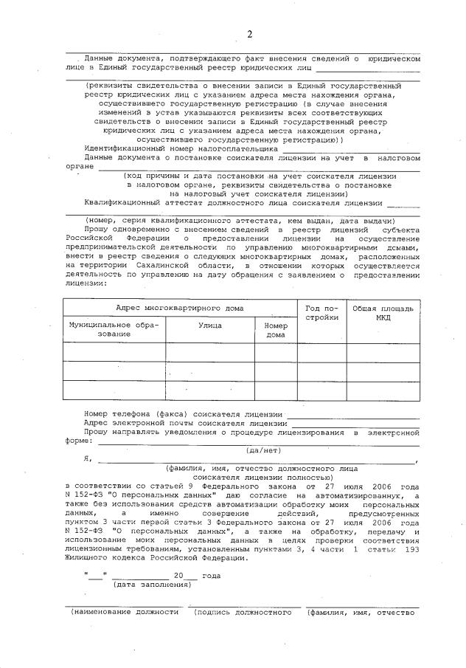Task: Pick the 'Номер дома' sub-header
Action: pos(275,328)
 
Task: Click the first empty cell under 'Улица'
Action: pos(210,352)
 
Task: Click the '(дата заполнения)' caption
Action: pos(154,585)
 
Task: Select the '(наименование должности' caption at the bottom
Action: pos(124,612)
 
